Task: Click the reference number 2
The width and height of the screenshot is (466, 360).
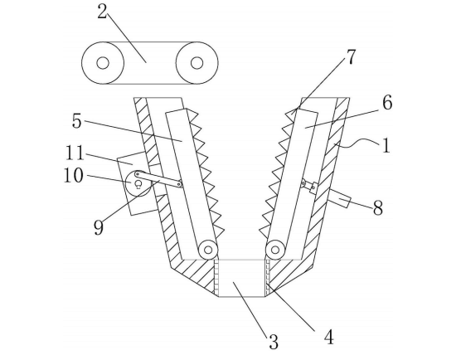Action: tap(102, 12)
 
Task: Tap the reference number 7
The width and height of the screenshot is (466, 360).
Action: tap(351, 57)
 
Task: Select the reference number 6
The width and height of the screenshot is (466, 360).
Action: tap(387, 103)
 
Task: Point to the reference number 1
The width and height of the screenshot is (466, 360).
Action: tap(386, 146)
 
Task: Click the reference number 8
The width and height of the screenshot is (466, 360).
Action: tap(378, 208)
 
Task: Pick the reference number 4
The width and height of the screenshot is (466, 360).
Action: tap(328, 338)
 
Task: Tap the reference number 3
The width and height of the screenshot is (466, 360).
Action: tap(274, 342)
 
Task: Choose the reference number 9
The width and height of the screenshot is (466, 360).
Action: tap(99, 228)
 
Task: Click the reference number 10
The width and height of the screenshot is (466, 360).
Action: tap(74, 175)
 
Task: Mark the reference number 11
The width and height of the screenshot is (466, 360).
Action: tap(75, 153)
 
